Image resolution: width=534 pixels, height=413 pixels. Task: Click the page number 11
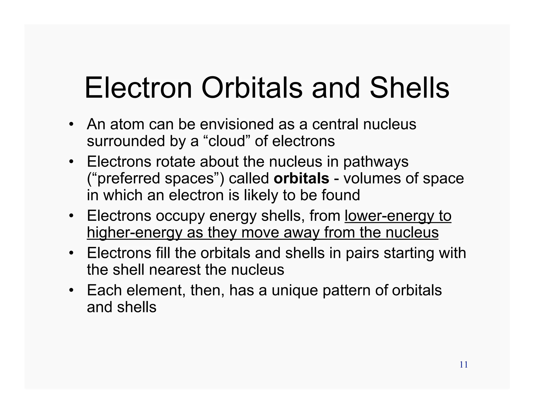click(x=464, y=365)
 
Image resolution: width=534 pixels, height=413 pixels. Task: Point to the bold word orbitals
click(x=301, y=179)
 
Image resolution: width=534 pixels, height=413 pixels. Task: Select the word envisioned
click(x=237, y=124)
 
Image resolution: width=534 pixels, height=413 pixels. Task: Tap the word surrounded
click(x=126, y=141)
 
